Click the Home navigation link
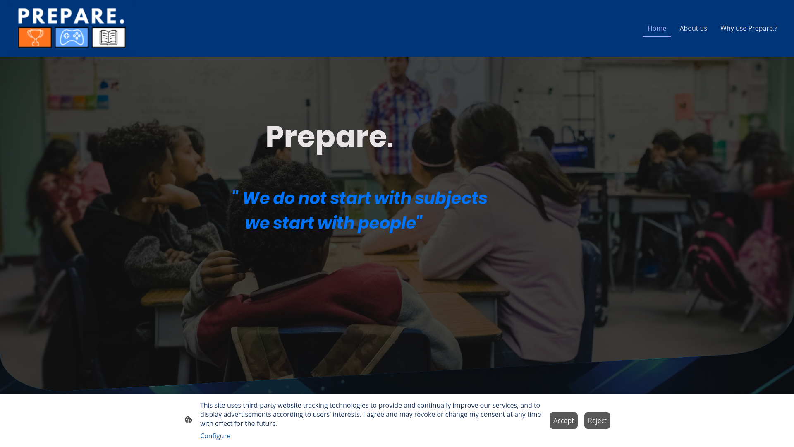coord(657,28)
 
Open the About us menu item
coord(693,28)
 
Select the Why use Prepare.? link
coord(749,28)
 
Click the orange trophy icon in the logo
coord(35,37)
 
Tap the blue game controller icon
coord(72,37)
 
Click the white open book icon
coord(108,37)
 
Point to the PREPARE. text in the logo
coord(71,16)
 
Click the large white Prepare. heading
coord(329,137)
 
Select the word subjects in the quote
coord(451,198)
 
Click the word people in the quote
coord(387,223)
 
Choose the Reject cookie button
coord(597,421)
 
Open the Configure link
coord(215,436)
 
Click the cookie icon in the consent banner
coord(189,420)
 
